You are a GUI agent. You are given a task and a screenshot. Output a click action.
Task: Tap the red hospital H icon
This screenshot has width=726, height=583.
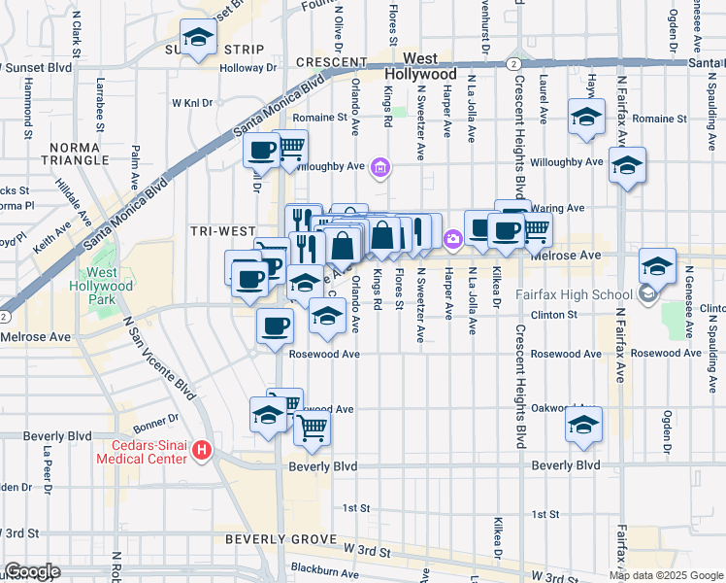(202, 450)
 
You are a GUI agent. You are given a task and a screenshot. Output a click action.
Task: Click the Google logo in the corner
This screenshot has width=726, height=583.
(32, 571)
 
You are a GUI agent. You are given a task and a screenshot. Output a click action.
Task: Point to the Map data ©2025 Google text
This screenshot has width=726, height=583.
(667, 575)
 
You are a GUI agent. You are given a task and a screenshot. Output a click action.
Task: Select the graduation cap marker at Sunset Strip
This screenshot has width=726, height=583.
(198, 39)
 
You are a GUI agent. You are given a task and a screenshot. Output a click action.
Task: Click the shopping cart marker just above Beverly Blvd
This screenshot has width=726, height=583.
(313, 427)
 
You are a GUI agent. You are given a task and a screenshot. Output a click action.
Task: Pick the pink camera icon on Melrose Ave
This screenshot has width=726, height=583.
(453, 239)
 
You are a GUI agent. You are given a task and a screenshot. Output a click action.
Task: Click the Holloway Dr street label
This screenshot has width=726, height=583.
(247, 68)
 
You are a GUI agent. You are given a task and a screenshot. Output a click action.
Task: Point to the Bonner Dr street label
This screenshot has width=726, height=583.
(154, 419)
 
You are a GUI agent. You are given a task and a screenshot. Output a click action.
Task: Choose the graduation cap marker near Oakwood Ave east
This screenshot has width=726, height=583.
(583, 425)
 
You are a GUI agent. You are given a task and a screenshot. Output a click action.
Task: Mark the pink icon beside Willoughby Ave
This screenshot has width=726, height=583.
(381, 170)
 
